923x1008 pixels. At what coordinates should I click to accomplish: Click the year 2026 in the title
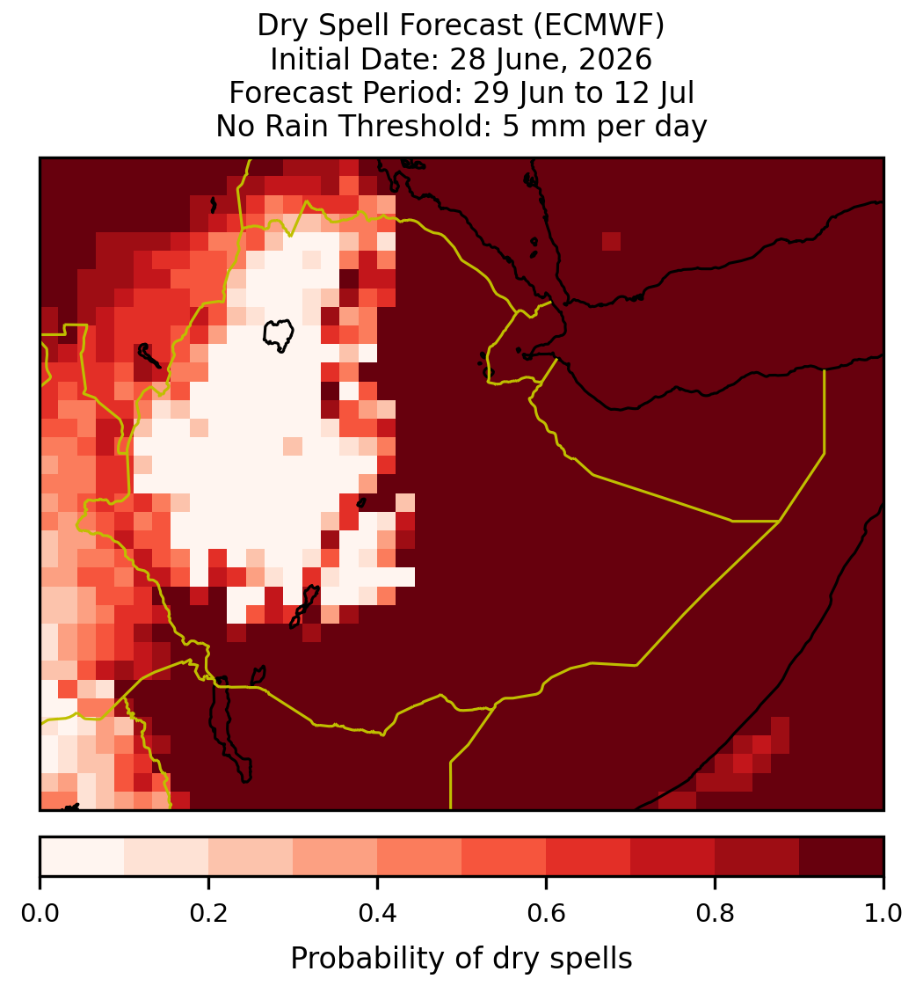click(x=614, y=59)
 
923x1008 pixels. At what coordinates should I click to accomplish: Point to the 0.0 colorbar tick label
click(x=40, y=913)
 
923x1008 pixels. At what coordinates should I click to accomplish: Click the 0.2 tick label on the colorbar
click(x=208, y=913)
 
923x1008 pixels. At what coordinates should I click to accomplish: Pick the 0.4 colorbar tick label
click(x=378, y=913)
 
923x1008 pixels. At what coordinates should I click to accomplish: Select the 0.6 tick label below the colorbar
click(x=546, y=913)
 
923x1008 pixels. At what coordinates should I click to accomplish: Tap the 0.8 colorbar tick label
click(x=715, y=913)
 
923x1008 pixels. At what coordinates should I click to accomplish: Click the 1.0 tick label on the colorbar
click(x=883, y=913)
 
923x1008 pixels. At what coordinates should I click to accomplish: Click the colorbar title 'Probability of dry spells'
click(x=461, y=959)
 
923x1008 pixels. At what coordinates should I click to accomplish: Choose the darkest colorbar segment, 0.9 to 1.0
click(x=841, y=857)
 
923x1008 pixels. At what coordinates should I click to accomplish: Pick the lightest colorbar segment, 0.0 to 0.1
click(x=83, y=857)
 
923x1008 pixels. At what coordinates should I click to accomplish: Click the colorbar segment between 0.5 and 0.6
click(x=504, y=857)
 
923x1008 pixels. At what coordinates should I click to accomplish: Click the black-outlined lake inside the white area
click(x=279, y=335)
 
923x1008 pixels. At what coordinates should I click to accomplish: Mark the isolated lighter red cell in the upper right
click(x=612, y=241)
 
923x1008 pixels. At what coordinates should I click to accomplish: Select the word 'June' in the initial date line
click(x=520, y=60)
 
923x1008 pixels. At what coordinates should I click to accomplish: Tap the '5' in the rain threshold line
click(x=510, y=126)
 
